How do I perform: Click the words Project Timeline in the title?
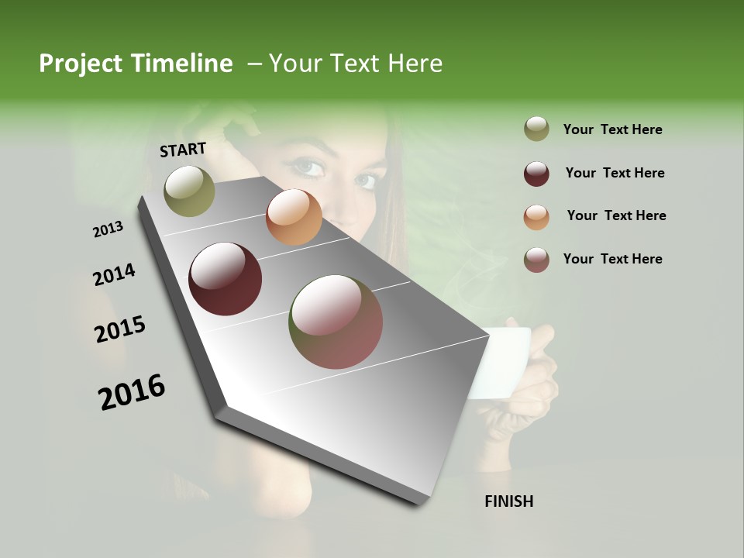pyautogui.click(x=136, y=64)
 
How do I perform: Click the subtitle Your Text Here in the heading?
pyautogui.click(x=356, y=64)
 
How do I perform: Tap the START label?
pyautogui.click(x=183, y=149)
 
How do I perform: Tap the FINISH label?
pyautogui.click(x=508, y=501)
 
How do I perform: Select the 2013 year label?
pyautogui.click(x=108, y=229)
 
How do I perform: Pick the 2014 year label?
pyautogui.click(x=114, y=274)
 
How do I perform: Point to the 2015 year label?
pyautogui.click(x=120, y=329)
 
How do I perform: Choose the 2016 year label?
pyautogui.click(x=132, y=391)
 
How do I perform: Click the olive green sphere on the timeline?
pyautogui.click(x=189, y=191)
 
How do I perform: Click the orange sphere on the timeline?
pyautogui.click(x=294, y=217)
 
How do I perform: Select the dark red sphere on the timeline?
pyautogui.click(x=225, y=279)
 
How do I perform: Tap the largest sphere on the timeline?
pyautogui.click(x=336, y=322)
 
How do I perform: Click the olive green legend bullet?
pyautogui.click(x=536, y=129)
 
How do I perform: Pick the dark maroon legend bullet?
pyautogui.click(x=536, y=173)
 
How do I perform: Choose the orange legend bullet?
pyautogui.click(x=536, y=216)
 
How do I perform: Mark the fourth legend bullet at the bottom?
pyautogui.click(x=536, y=259)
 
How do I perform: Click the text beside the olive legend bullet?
pyautogui.click(x=612, y=129)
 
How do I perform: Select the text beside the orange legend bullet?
pyautogui.click(x=616, y=215)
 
